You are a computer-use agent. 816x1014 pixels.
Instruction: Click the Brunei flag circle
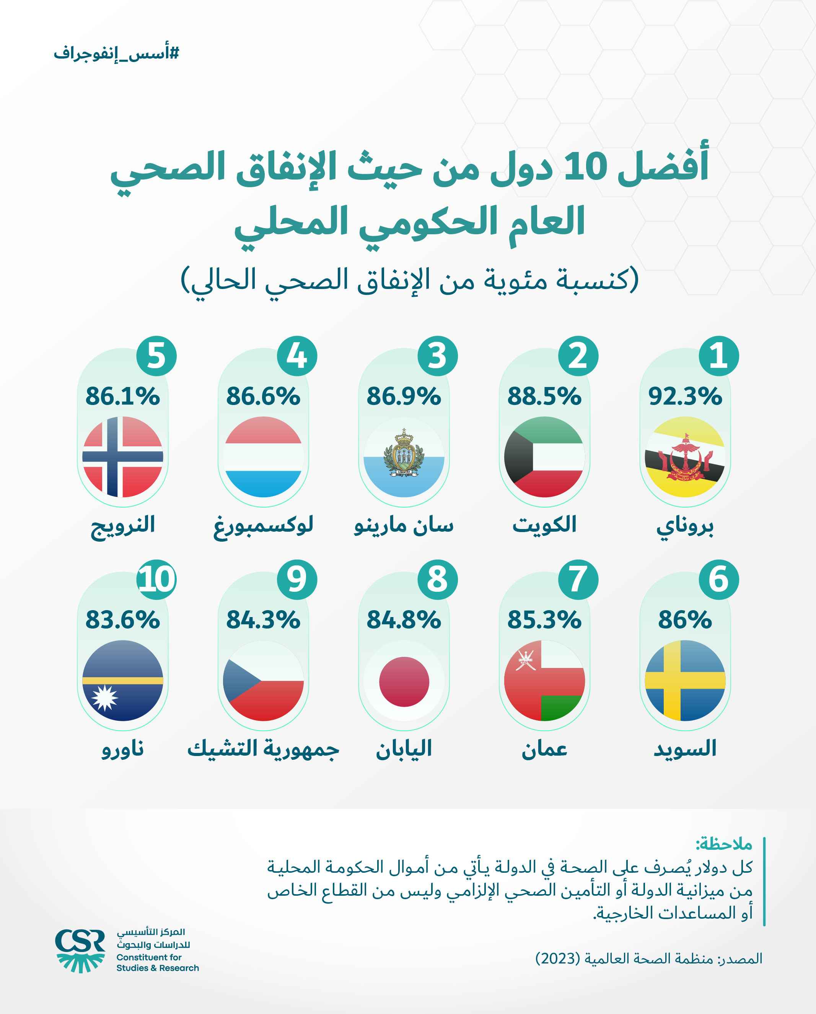(x=685, y=457)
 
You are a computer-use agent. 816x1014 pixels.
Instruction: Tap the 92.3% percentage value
(x=685, y=396)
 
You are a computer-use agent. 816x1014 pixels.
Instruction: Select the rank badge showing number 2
(x=578, y=356)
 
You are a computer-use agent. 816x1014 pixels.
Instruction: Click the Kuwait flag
(x=544, y=457)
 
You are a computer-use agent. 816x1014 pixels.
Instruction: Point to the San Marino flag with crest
(x=404, y=457)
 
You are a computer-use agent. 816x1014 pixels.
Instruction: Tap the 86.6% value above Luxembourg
(x=263, y=396)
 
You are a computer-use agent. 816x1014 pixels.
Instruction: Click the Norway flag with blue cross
(x=123, y=457)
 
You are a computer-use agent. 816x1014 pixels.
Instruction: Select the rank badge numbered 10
(x=156, y=580)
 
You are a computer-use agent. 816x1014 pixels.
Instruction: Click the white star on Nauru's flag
(x=104, y=697)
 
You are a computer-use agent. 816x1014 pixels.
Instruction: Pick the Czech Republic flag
(x=263, y=681)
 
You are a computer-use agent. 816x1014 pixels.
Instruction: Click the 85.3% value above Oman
(x=544, y=620)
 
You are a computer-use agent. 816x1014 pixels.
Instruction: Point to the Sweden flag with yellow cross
(x=685, y=681)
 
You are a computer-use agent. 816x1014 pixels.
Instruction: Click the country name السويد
(x=685, y=748)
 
